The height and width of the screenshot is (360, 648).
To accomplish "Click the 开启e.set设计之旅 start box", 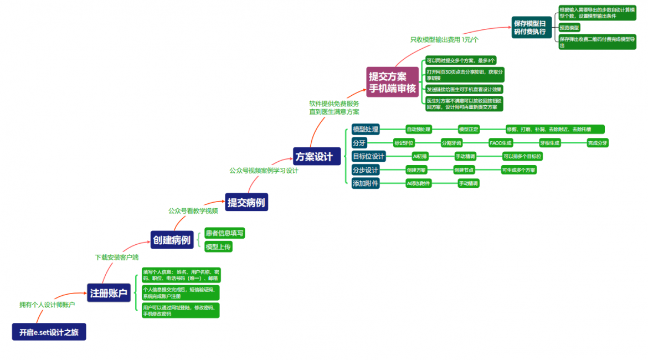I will (49, 332).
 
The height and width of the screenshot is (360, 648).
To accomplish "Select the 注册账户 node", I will (109, 292).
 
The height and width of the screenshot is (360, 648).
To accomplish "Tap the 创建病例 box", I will (171, 240).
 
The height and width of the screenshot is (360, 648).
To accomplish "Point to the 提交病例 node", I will (246, 203).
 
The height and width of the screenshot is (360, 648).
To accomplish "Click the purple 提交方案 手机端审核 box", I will (392, 82).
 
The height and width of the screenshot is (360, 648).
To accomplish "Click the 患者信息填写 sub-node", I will (224, 233).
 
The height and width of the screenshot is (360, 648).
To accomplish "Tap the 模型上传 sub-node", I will (218, 246).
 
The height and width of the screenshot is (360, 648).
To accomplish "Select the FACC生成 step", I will (500, 143).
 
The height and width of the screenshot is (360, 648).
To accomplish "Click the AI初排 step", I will (420, 156).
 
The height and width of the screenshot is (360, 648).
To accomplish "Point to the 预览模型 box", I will (569, 27).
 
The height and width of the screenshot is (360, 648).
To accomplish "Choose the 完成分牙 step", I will (597, 143).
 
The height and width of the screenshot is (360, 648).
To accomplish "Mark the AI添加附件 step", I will (418, 183).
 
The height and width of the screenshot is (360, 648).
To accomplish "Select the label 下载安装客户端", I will (117, 257).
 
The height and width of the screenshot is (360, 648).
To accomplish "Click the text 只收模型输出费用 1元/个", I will (444, 39).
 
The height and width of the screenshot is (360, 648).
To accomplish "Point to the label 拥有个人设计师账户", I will (47, 305).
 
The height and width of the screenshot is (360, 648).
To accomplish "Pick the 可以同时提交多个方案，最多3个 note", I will (460, 60).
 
